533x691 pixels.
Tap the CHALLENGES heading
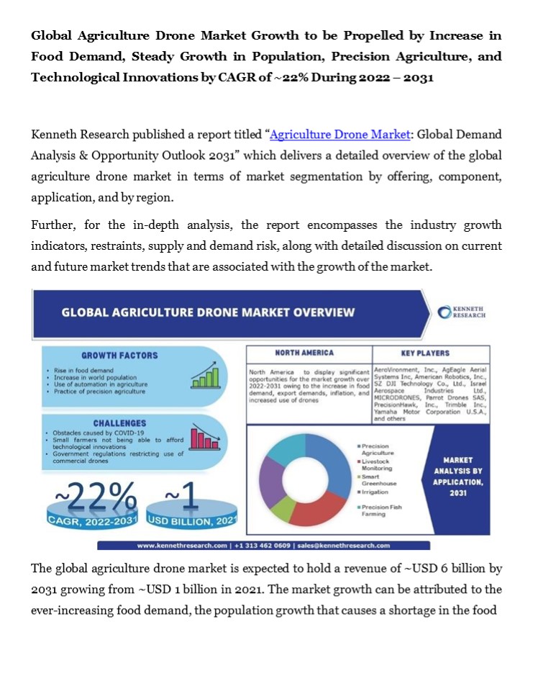tap(119, 423)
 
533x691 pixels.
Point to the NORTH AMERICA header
tap(304, 353)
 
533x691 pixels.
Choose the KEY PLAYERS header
tap(425, 353)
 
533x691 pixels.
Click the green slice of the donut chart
tap(283, 508)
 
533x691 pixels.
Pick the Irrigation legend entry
tap(375, 492)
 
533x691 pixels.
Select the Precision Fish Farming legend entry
tap(381, 510)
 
